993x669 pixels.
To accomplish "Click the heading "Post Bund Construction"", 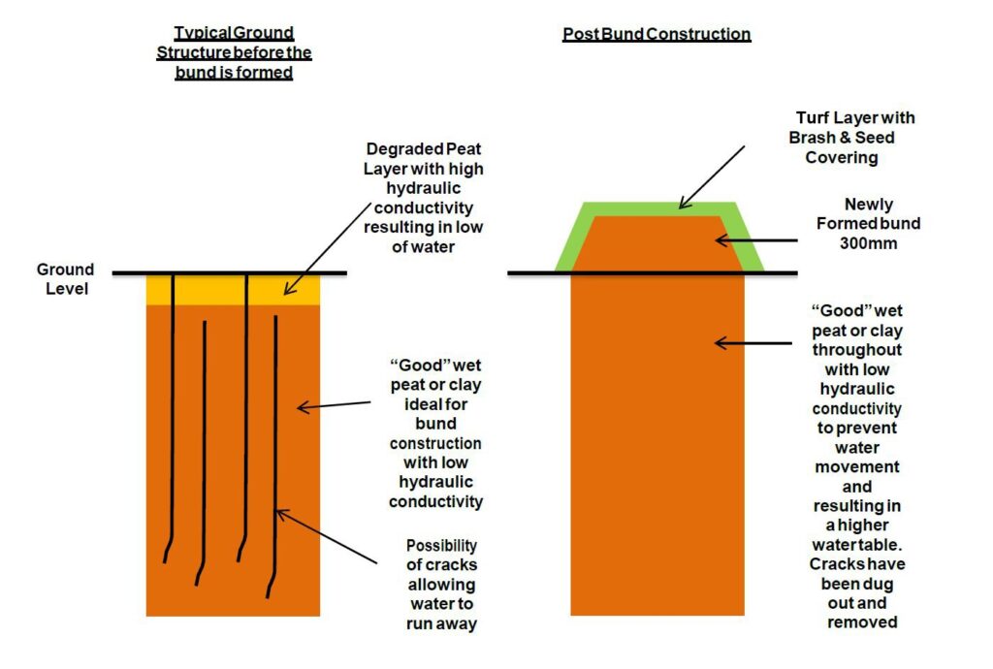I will tap(657, 34).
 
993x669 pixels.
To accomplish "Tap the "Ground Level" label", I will tap(65, 278).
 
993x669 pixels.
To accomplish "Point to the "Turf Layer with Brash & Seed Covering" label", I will tap(850, 137).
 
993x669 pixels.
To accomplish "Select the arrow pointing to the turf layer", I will tap(712, 175).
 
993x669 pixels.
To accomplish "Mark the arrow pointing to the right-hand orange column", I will tap(752, 341).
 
